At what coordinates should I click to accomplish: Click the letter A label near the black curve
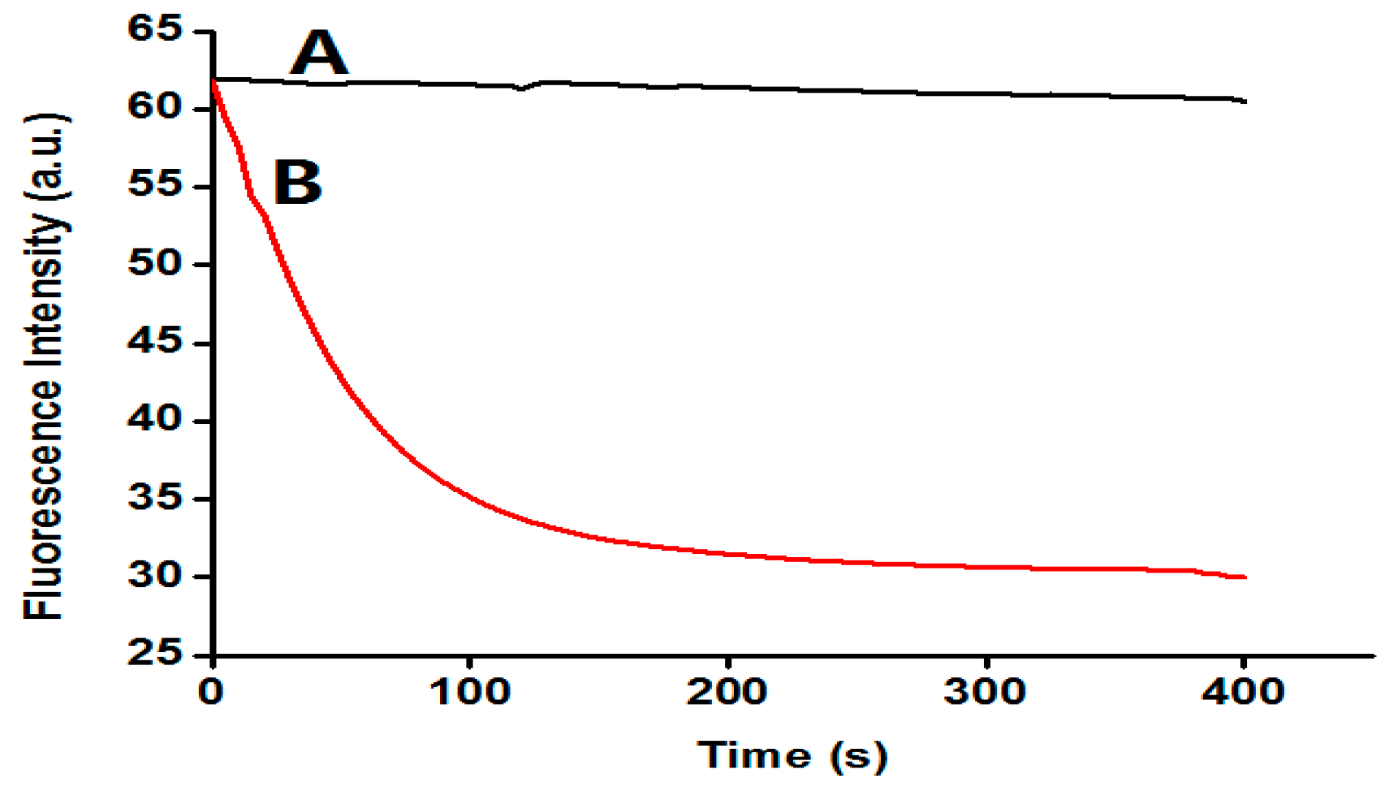tap(319, 54)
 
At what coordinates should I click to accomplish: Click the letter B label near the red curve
tap(298, 182)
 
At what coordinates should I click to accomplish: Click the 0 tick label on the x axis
tap(212, 692)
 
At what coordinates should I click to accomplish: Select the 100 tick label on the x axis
tap(469, 692)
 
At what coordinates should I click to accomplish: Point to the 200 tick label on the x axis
tap(727, 692)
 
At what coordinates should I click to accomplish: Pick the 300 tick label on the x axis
tap(986, 692)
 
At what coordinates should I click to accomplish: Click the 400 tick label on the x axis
tap(1243, 692)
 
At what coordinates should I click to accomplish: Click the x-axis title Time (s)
tap(792, 756)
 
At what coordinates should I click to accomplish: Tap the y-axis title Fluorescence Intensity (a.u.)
tap(45, 367)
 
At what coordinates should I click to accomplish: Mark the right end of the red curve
tap(1244, 577)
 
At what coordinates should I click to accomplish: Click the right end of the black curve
tap(1244, 102)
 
